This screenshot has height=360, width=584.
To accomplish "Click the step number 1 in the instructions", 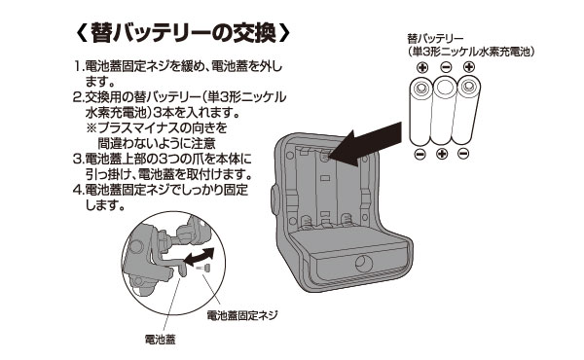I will click(78, 68).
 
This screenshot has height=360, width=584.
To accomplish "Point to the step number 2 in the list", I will click(78, 98).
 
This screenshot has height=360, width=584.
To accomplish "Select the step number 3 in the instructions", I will click(78, 159).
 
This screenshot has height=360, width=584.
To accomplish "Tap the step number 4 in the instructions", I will click(78, 189).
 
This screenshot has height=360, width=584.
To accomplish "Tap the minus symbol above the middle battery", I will click(445, 68).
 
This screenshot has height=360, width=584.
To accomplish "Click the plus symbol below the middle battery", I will click(444, 156).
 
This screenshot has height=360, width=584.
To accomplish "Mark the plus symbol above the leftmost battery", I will click(421, 68).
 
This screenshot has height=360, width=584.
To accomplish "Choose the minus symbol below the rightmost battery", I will click(468, 156).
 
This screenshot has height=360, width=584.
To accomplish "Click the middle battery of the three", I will click(445, 112).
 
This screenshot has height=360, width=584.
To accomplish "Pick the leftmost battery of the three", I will click(422, 112).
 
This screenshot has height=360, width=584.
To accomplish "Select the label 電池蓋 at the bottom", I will click(160, 341).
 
